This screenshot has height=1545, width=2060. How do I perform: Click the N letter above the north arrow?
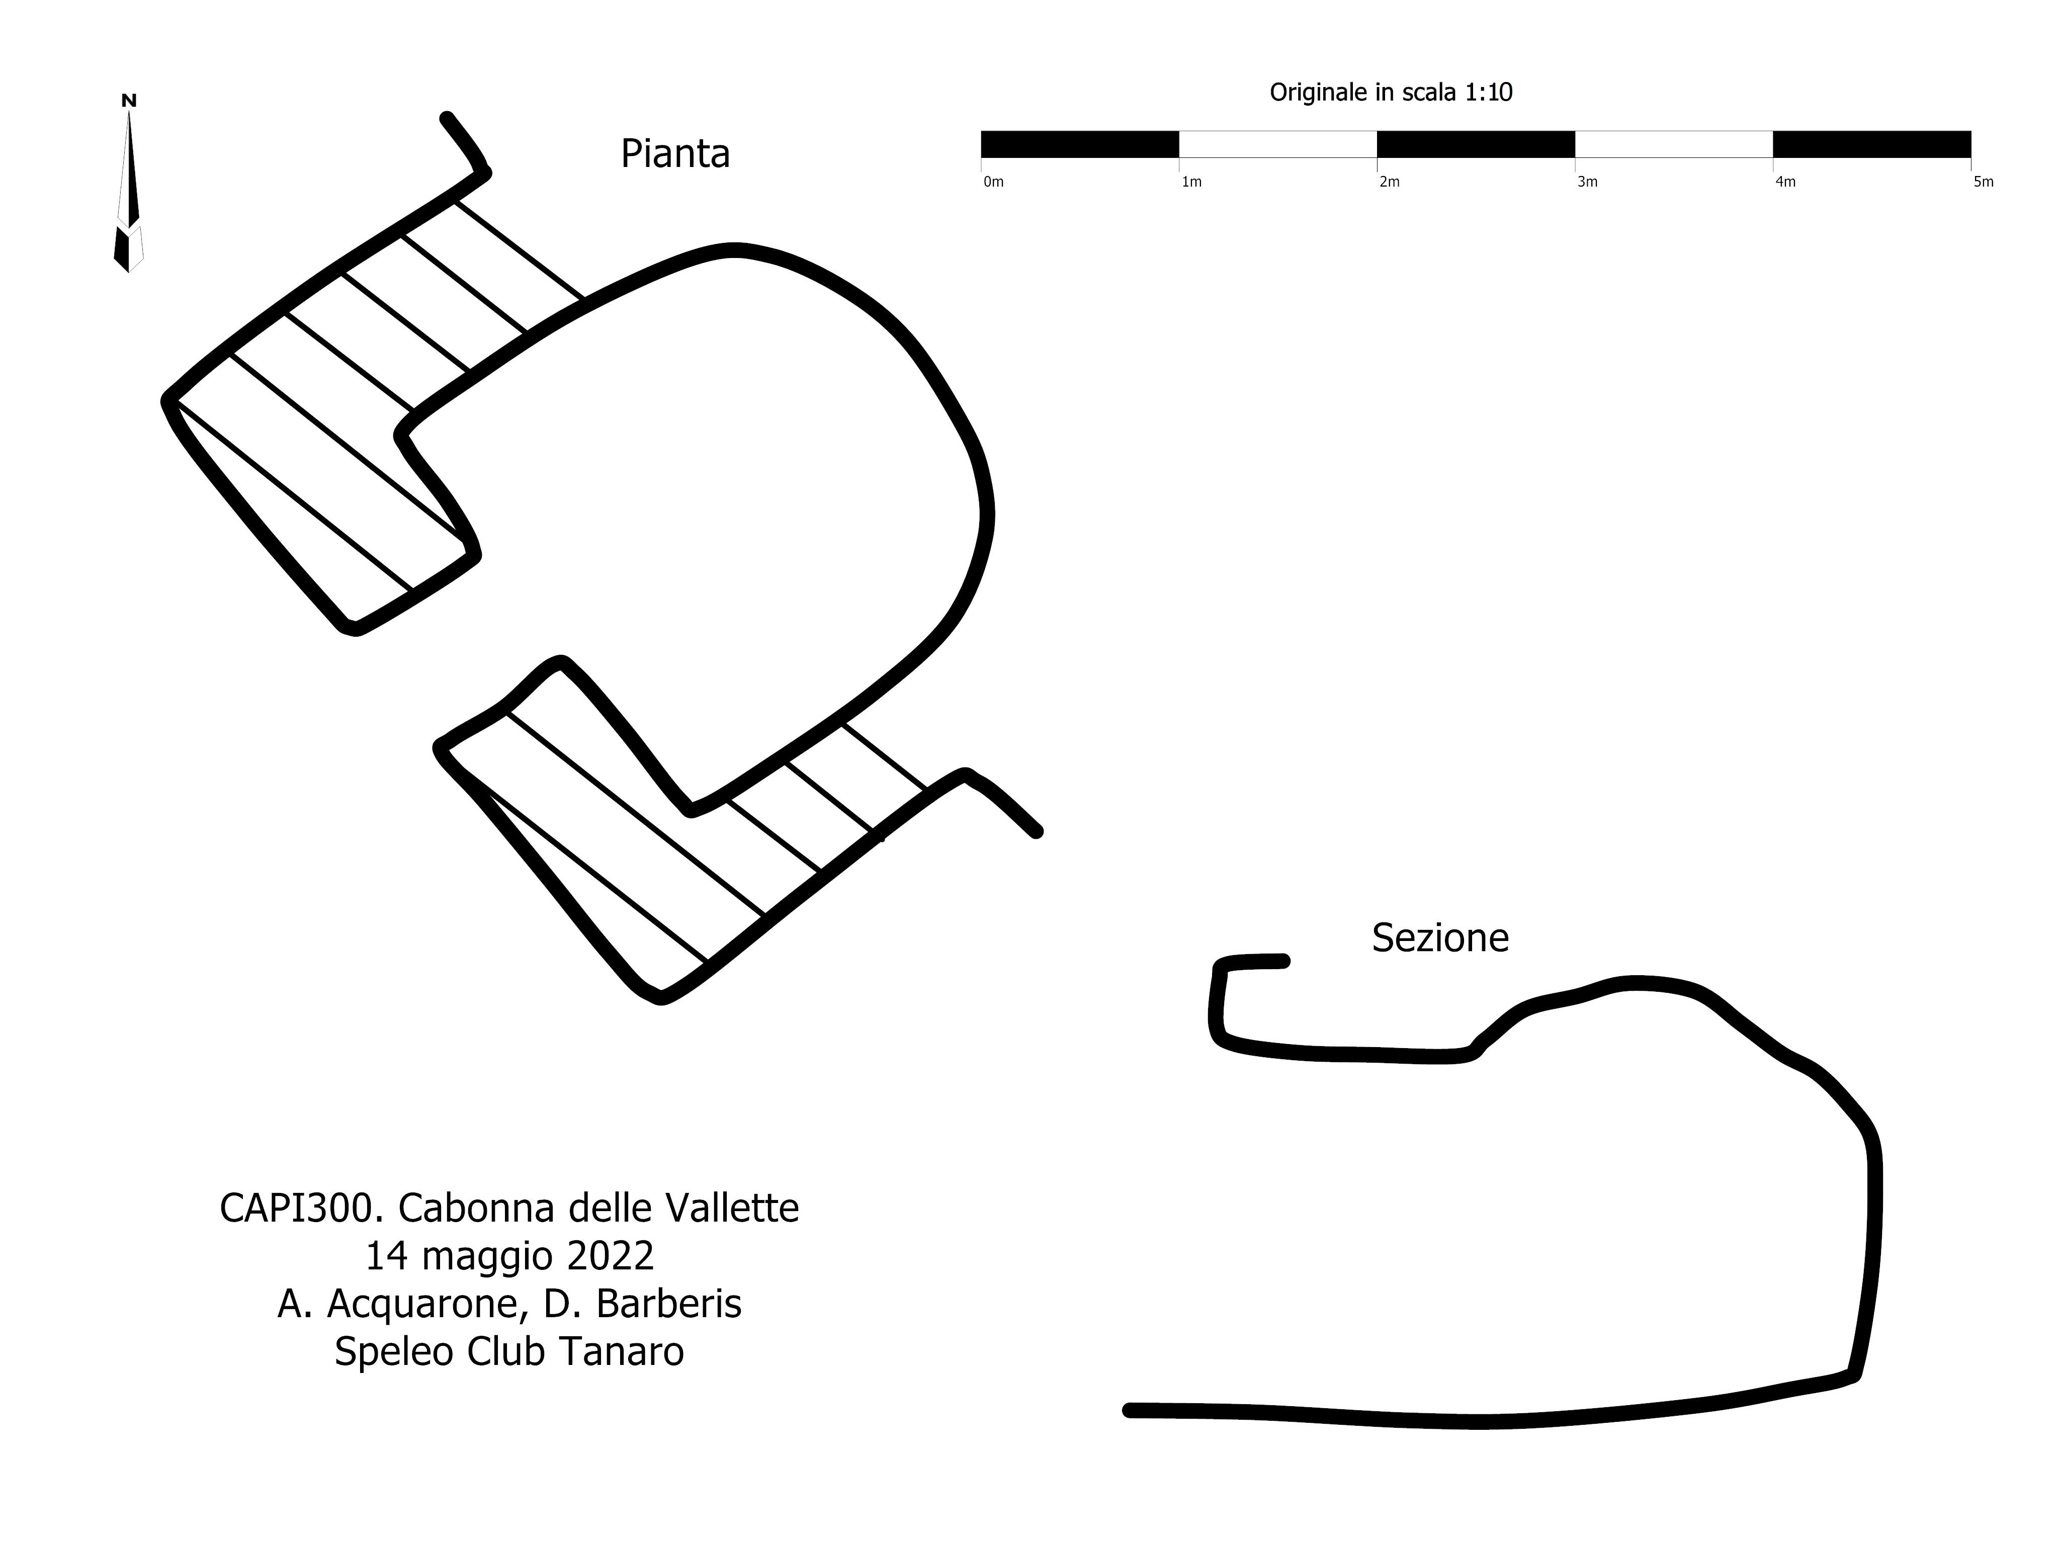click(x=129, y=101)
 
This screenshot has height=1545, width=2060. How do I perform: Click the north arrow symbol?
click(x=129, y=191)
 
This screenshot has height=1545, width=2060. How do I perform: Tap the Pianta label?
click(x=675, y=154)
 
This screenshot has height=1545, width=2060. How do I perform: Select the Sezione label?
click(x=1440, y=938)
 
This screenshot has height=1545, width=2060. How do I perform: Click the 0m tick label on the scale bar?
click(x=994, y=183)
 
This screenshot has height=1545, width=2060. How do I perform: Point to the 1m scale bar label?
click(x=1192, y=183)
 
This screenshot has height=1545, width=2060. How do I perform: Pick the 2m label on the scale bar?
click(x=1390, y=183)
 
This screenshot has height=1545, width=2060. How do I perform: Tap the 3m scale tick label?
click(x=1588, y=183)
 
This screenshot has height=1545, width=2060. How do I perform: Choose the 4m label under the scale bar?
click(x=1785, y=183)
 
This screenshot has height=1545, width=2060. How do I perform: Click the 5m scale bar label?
click(x=1984, y=183)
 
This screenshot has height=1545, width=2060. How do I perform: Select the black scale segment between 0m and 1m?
click(x=1080, y=144)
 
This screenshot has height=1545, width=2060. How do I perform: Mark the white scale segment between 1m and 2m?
click(x=1278, y=144)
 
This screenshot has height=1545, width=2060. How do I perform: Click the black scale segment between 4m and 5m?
click(x=1872, y=144)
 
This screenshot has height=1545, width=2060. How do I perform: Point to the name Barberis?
click(x=669, y=1304)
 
